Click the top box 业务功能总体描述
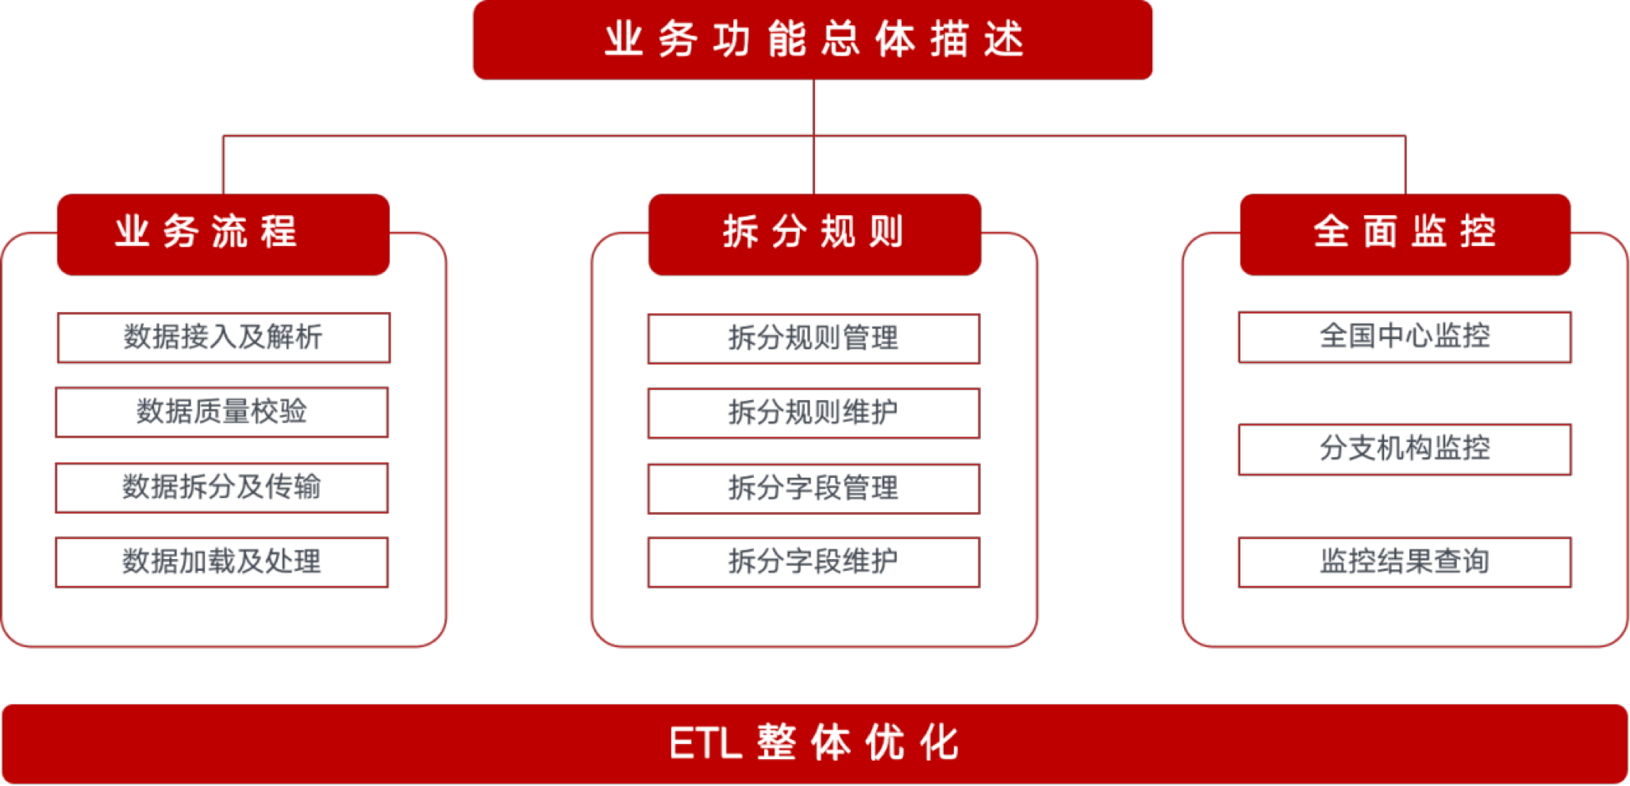[813, 40]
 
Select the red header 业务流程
[223, 233]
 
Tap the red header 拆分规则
[814, 233]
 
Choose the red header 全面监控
[1405, 233]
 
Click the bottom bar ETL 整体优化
[814, 743]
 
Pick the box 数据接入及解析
[223, 337]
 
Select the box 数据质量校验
[222, 412]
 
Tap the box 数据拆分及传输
[222, 487]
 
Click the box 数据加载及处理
[222, 562]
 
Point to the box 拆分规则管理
[813, 339]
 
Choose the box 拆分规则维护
[813, 413]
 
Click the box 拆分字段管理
[813, 487]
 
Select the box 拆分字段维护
[813, 562]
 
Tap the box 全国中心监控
[1405, 337]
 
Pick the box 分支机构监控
[1405, 449]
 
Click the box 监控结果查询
[1405, 562]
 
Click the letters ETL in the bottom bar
[705, 744]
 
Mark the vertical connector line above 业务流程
[224, 164]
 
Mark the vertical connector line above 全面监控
[1405, 164]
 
